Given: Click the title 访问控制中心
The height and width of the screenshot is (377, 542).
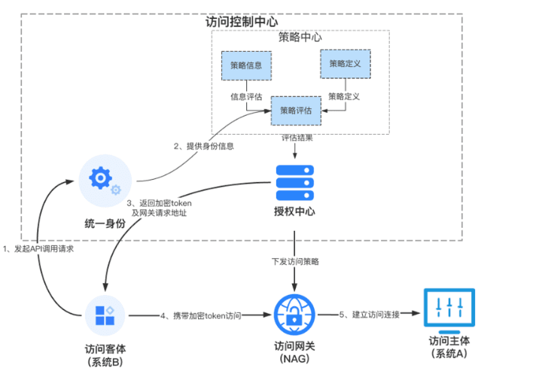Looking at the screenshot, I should click(x=242, y=22).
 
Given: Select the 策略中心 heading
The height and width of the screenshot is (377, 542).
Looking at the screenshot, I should click(x=300, y=38).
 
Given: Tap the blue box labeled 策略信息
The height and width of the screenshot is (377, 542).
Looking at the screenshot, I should click(x=245, y=65).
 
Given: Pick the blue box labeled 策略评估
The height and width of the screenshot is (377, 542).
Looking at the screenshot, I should click(x=295, y=110).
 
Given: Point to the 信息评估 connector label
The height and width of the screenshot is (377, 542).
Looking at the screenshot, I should click(x=246, y=97).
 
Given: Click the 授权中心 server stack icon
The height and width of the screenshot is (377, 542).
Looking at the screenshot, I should click(x=295, y=179).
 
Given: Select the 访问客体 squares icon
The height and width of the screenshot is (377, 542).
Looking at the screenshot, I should click(x=104, y=315).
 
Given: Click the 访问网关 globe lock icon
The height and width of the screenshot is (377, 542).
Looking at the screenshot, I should click(x=294, y=315).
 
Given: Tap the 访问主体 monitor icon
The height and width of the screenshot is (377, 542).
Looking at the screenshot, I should click(x=449, y=310).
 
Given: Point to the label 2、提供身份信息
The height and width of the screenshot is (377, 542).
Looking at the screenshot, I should click(x=204, y=146).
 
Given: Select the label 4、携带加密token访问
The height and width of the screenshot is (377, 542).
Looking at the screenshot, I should click(x=200, y=315).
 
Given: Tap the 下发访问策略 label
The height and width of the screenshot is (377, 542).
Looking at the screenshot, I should click(x=295, y=261).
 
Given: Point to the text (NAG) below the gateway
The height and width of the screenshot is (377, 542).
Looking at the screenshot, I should click(x=294, y=359).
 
